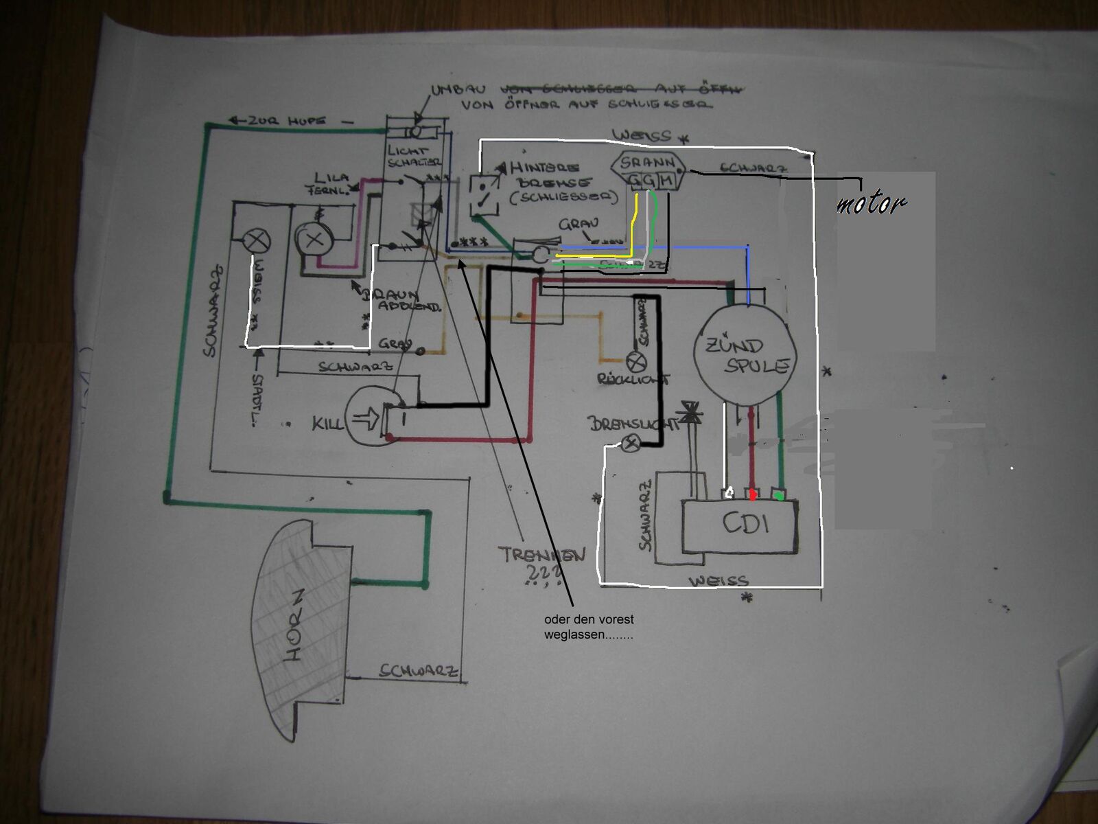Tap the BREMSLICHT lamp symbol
[631, 443]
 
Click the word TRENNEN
[542, 554]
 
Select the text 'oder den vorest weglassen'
[589, 627]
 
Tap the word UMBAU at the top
[458, 90]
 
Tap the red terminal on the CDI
[753, 494]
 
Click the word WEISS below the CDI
[719, 581]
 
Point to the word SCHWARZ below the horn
[419, 671]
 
